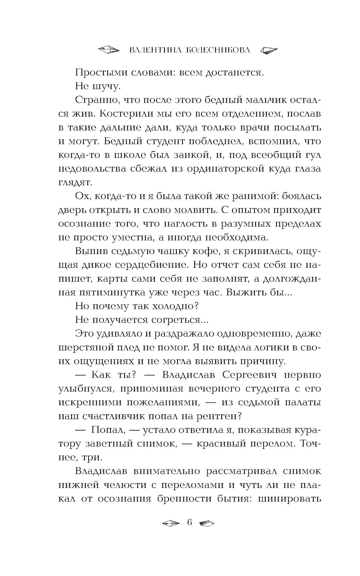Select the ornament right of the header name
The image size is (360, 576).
pyautogui.click(x=269, y=50)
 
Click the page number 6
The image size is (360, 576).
pyautogui.click(x=190, y=522)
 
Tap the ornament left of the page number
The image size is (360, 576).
pyautogui.click(x=170, y=523)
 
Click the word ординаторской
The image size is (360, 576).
pyautogui.click(x=219, y=169)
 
